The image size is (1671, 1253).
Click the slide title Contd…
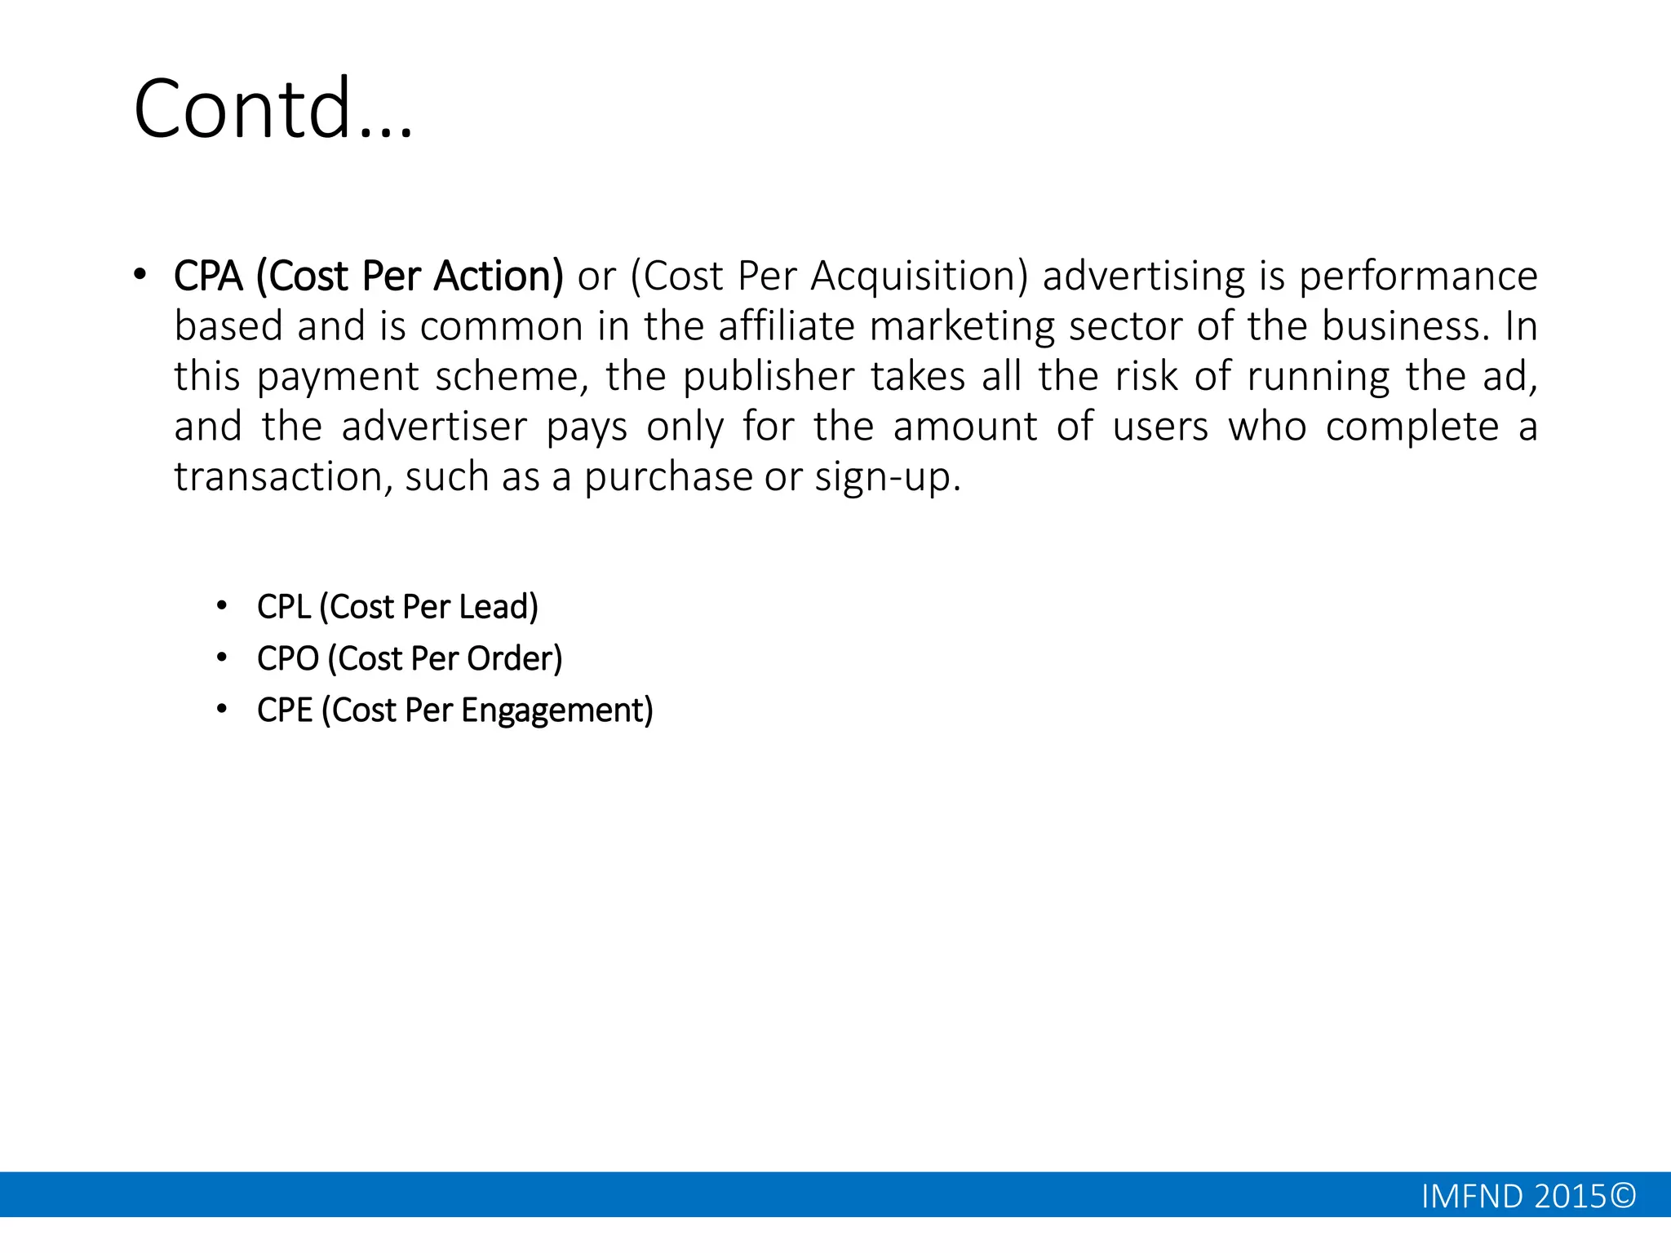pyautogui.click(x=273, y=108)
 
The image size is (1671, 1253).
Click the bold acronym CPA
pyautogui.click(x=208, y=276)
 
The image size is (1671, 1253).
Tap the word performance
pyautogui.click(x=1417, y=276)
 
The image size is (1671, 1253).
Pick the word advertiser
pyautogui.click(x=434, y=427)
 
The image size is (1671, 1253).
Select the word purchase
pyautogui.click(x=667, y=476)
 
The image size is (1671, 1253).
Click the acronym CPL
pyautogui.click(x=284, y=607)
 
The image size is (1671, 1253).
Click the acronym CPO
pyautogui.click(x=287, y=658)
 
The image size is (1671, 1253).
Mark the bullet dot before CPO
pyautogui.click(x=221, y=657)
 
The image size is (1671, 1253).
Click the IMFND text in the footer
pyautogui.click(x=1472, y=1196)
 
